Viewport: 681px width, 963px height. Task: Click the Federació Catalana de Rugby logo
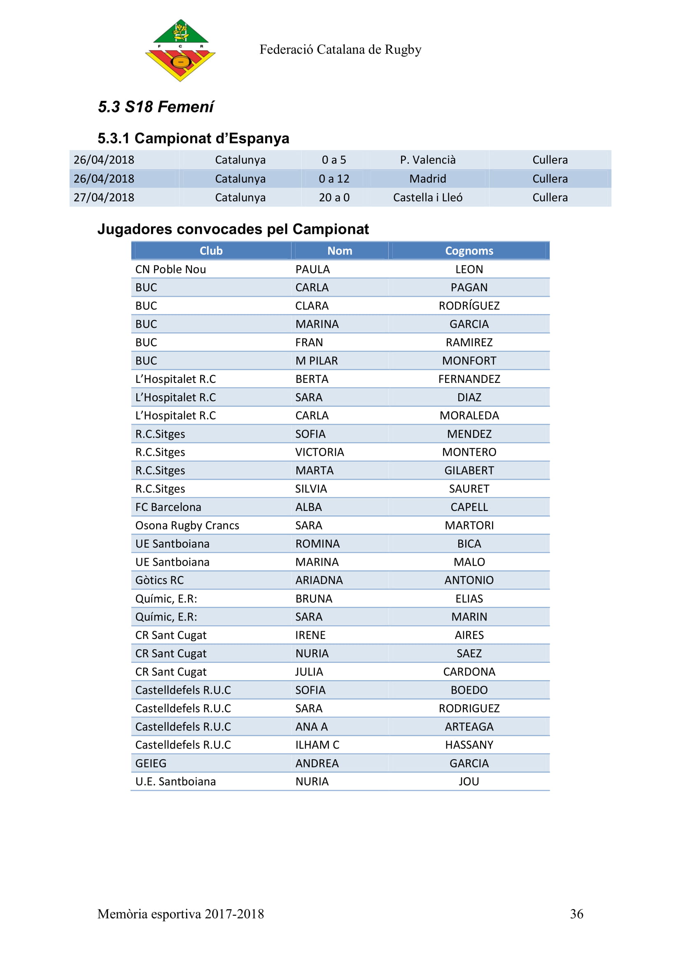pos(180,50)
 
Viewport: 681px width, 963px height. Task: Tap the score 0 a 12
pos(334,179)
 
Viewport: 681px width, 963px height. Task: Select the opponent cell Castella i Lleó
pos(427,198)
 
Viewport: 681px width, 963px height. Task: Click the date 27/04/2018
pos(104,198)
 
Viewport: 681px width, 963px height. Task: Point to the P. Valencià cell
pos(427,160)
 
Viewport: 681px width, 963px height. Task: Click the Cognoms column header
pos(469,251)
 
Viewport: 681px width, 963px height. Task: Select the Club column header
pos(211,251)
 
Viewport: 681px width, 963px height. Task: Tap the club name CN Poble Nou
pos(171,269)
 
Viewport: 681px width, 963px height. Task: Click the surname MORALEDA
pos(469,416)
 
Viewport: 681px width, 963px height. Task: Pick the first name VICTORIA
pos(320,452)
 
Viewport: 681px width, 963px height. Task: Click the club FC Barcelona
pos(168,507)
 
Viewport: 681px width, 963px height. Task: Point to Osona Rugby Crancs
pos(187,525)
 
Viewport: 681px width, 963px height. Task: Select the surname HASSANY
pos(469,745)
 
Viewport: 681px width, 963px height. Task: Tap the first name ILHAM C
pos(317,745)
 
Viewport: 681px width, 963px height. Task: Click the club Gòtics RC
pos(159,580)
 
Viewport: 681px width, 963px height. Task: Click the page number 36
pos(576,914)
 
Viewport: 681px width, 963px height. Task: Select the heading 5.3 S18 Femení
pos(156,107)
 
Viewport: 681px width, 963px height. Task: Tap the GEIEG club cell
pos(151,763)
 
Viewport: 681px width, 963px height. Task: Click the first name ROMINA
pos(317,543)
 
